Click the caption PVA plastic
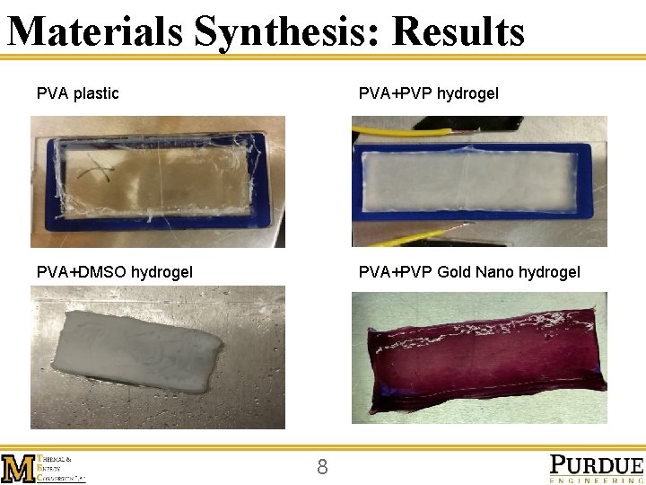tap(77, 93)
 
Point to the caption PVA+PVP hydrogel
tap(429, 93)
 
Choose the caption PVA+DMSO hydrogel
tap(114, 272)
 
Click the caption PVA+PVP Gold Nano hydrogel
tap(469, 272)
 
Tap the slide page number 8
tap(323, 466)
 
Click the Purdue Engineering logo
tap(596, 468)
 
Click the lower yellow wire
tap(395, 238)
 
